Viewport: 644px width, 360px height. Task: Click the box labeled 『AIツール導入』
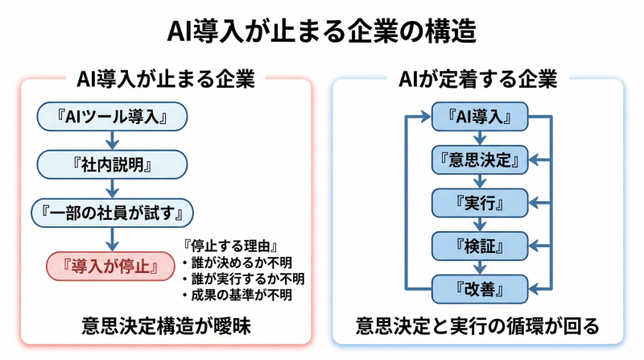112,118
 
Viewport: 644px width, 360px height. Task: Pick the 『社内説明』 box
112,165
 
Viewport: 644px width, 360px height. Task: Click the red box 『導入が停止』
100,265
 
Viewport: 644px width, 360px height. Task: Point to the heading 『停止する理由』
230,246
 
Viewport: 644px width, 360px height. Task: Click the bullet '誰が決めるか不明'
236,263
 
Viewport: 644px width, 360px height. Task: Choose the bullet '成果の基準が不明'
236,295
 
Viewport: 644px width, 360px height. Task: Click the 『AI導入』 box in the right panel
480,117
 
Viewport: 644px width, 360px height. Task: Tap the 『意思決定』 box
480,159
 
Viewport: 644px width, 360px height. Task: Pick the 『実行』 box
480,201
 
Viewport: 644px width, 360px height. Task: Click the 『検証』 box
480,243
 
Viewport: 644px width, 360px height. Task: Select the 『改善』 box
480,286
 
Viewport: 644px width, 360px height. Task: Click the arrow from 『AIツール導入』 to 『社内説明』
112,141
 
